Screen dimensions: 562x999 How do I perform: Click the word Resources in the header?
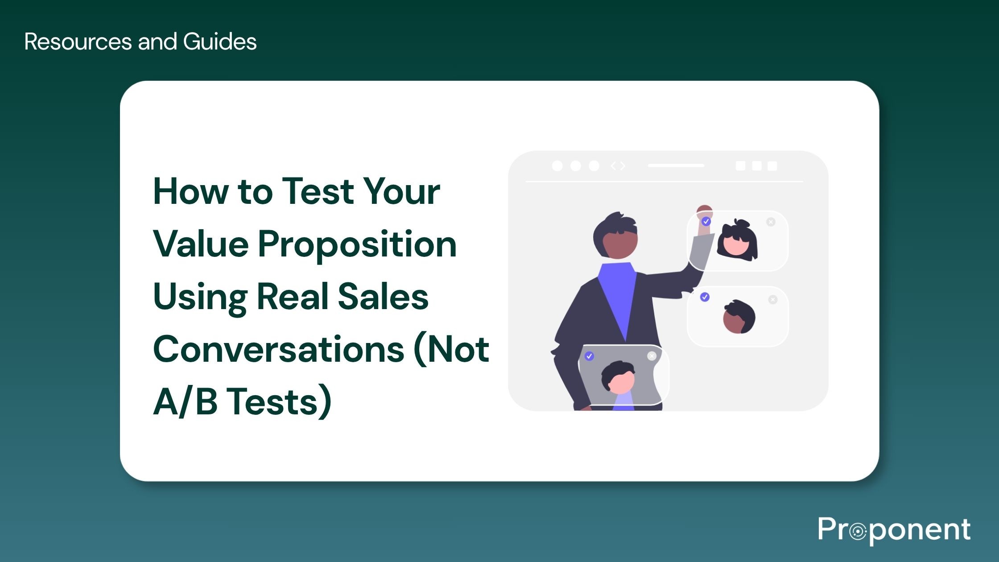78,41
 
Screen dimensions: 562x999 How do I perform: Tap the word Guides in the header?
219,41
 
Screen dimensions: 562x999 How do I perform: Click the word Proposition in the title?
357,244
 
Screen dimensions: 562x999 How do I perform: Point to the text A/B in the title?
185,401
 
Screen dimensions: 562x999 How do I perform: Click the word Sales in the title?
383,297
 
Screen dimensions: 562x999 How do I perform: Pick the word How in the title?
190,191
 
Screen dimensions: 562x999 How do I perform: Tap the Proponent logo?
894,530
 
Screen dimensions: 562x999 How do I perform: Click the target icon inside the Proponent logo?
858,532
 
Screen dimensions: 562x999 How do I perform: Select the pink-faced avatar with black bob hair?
737,241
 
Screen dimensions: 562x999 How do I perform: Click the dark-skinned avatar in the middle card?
739,317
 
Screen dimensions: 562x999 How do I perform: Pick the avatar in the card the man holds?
618,378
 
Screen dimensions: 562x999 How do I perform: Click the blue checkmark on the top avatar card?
706,221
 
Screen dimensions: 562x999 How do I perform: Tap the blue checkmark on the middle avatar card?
705,297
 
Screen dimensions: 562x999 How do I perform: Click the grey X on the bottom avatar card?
652,356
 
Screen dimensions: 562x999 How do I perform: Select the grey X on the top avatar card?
771,222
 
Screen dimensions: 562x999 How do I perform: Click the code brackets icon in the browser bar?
618,166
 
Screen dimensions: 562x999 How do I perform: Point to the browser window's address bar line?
676,165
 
